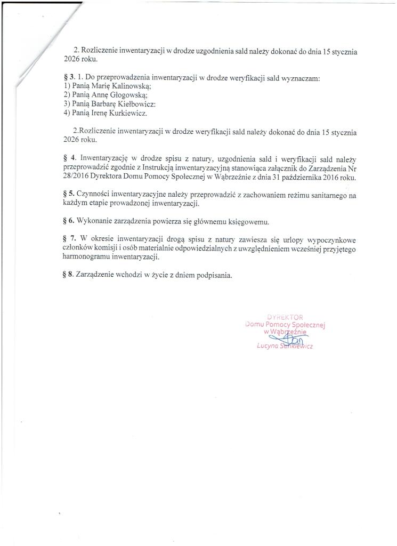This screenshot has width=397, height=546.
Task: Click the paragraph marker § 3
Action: click(x=68, y=78)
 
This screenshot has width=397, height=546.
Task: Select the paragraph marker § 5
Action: click(x=68, y=195)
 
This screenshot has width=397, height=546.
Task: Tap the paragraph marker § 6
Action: click(x=68, y=221)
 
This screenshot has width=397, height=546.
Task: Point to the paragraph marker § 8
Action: click(x=68, y=276)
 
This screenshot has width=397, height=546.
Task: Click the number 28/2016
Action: click(x=77, y=176)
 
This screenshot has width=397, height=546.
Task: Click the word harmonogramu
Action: click(x=87, y=258)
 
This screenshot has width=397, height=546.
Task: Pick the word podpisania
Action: click(x=214, y=276)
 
